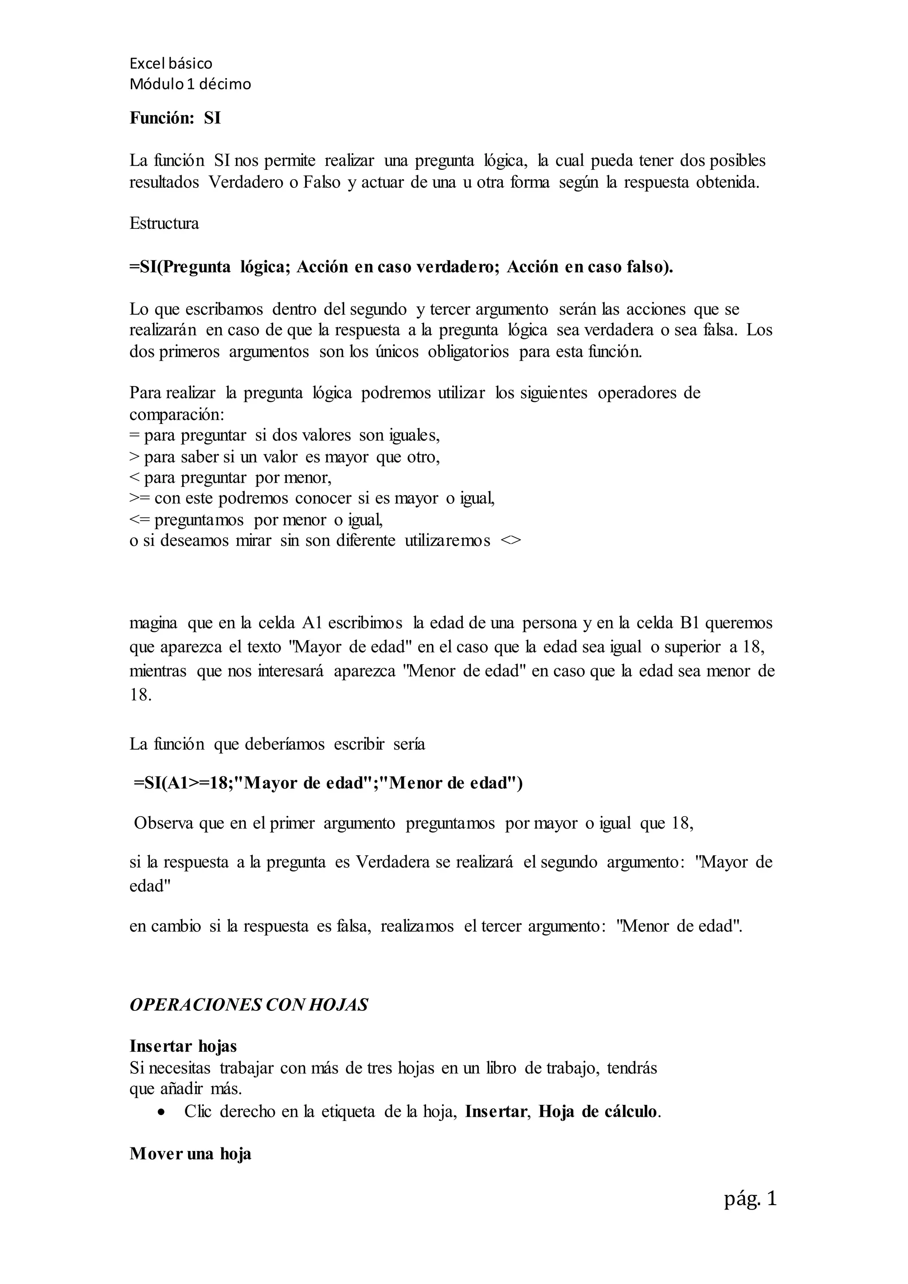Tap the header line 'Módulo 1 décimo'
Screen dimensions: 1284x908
(190, 84)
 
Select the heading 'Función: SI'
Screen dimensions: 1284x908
(175, 118)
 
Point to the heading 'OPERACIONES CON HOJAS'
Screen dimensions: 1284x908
(249, 1005)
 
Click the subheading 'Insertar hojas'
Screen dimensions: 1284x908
(184, 1046)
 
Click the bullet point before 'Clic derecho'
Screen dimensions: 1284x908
(161, 1112)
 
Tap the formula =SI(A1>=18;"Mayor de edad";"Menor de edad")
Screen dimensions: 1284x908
(328, 783)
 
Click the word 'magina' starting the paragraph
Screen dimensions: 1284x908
(153, 623)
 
